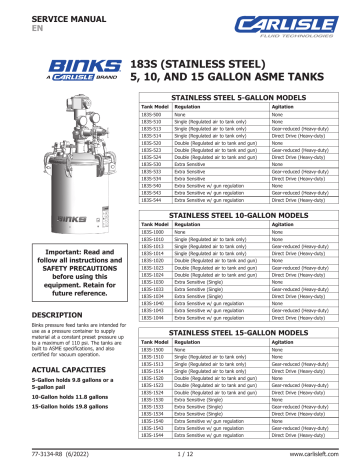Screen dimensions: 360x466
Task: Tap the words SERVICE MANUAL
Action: coord(51,13)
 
